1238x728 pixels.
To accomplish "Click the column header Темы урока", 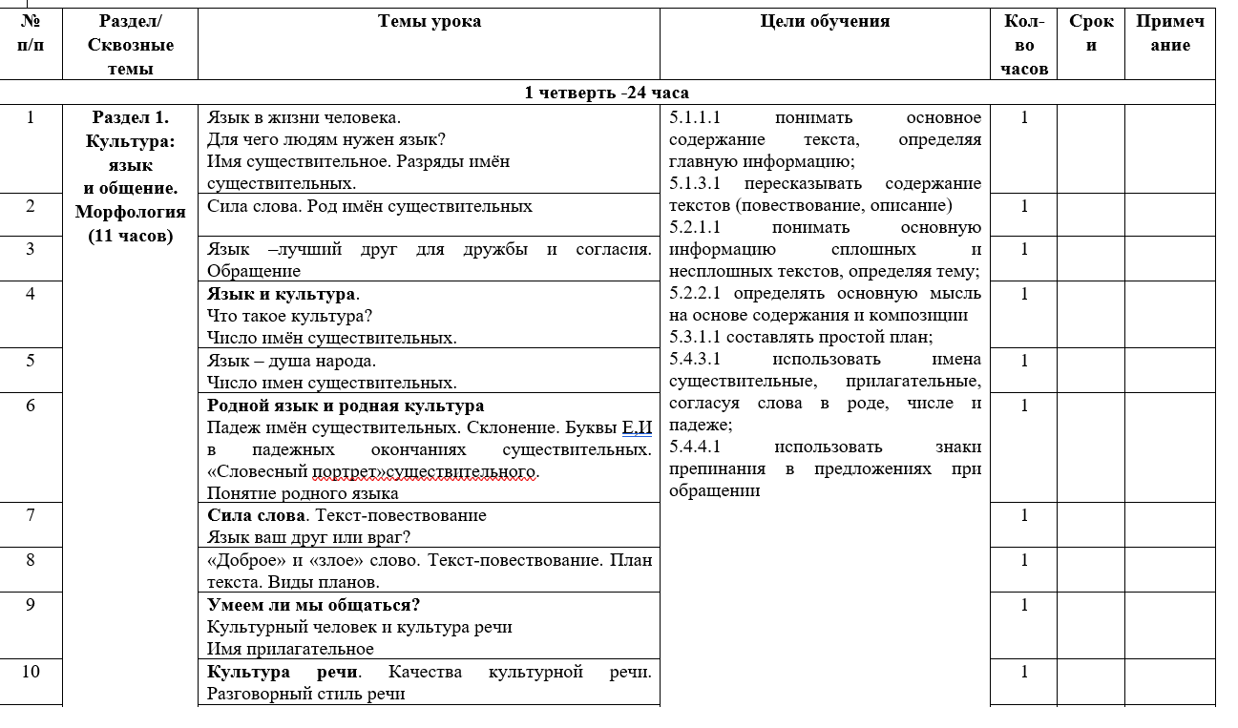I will click(x=429, y=22).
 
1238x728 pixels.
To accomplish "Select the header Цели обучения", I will click(x=825, y=22).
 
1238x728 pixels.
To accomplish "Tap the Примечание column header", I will click(x=1169, y=33).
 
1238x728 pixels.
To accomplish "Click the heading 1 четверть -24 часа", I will click(x=607, y=93).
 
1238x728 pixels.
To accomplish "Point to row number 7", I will click(x=31, y=515).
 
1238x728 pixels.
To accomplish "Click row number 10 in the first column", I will click(x=31, y=672).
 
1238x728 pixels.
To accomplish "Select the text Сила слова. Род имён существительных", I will click(x=369, y=206).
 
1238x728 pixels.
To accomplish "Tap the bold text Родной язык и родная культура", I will click(x=346, y=406).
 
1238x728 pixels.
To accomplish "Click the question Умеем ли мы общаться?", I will click(x=314, y=605).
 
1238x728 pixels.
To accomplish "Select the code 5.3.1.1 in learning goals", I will click(x=696, y=337).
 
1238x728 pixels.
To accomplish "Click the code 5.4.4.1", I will click(x=696, y=447).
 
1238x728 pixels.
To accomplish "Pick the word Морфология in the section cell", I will click(x=130, y=212).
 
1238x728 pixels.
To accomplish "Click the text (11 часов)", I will click(x=130, y=236).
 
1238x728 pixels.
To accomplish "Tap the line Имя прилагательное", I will click(x=290, y=649).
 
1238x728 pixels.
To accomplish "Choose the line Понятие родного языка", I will click(x=303, y=493).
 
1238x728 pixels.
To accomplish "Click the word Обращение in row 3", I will click(x=253, y=271).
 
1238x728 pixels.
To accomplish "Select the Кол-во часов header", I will click(x=1024, y=45).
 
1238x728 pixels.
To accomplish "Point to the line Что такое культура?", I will click(x=289, y=316).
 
